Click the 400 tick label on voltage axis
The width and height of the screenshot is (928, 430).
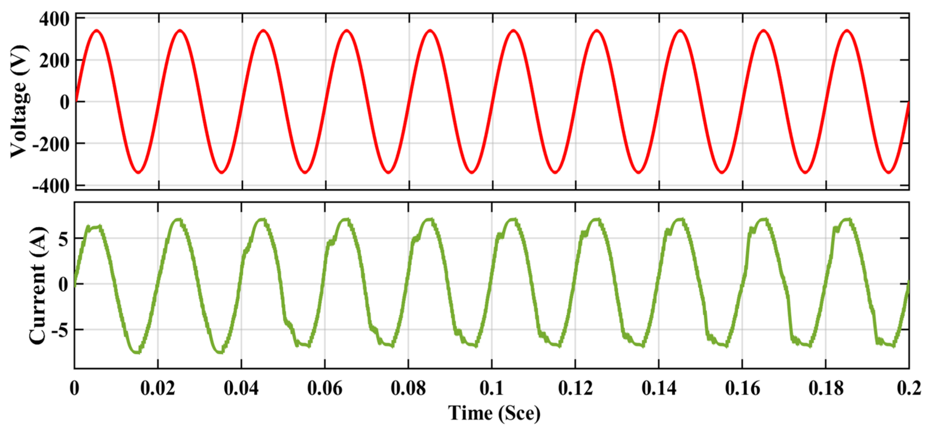(x=54, y=19)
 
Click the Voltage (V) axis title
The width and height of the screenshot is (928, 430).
(x=19, y=102)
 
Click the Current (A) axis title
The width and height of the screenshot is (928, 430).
(x=38, y=285)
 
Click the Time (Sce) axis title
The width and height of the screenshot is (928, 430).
(x=494, y=413)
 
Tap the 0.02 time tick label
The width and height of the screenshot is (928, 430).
(x=158, y=389)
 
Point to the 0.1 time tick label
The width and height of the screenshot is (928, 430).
(x=491, y=389)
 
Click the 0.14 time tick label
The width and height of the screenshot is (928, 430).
(x=658, y=389)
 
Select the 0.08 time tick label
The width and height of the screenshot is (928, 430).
(x=408, y=389)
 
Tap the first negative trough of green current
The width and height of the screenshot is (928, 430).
(x=137, y=351)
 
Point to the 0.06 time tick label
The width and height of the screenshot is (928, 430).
(x=325, y=389)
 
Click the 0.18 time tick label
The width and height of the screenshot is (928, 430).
(x=826, y=389)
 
